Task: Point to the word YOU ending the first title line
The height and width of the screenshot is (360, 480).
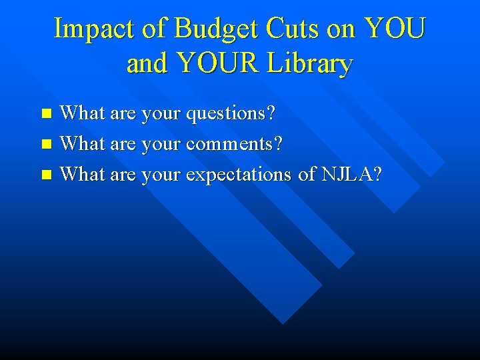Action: (395, 29)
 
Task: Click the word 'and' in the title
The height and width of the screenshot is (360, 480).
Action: (147, 64)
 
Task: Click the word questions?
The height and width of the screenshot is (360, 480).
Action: (231, 113)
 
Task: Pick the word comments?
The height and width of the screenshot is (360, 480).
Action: (235, 144)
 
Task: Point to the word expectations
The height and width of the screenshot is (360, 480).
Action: (239, 175)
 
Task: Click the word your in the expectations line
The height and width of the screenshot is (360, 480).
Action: (161, 175)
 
